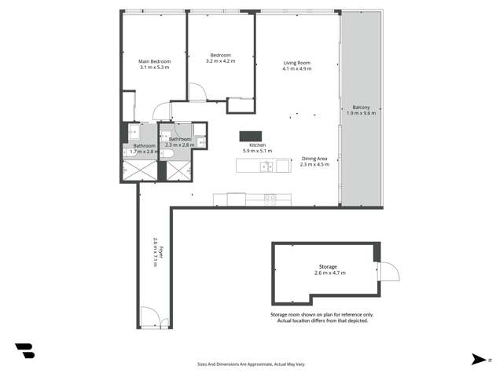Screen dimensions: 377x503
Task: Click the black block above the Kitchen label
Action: tap(250, 136)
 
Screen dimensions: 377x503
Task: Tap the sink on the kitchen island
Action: tap(267, 166)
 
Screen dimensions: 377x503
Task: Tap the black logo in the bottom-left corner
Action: tap(24, 351)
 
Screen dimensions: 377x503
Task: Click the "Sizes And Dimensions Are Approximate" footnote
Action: tap(251, 364)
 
